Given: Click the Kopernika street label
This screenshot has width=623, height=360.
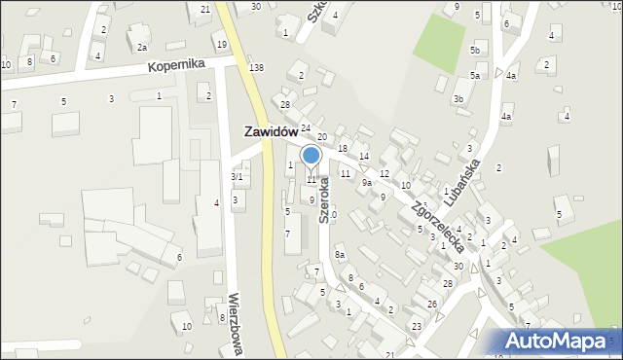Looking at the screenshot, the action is [x=176, y=65].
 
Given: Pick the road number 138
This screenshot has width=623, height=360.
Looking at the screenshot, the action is [x=256, y=67].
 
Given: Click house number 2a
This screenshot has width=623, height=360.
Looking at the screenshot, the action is [x=142, y=47].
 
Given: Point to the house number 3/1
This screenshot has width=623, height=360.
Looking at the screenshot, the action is [x=237, y=177].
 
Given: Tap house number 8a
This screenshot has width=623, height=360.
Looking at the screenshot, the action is [x=340, y=255].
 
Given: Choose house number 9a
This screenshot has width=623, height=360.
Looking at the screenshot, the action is [x=367, y=182].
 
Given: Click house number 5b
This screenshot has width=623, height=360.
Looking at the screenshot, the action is [x=475, y=50].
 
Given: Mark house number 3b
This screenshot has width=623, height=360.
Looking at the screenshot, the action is [x=458, y=98].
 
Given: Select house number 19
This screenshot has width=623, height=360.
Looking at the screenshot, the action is [x=222, y=45].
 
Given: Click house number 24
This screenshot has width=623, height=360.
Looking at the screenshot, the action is [x=305, y=128].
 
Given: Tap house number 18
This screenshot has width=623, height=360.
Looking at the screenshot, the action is [x=342, y=148].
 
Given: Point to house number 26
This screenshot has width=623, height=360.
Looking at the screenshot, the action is [x=431, y=304].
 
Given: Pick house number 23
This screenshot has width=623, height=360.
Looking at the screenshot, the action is [x=416, y=326].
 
